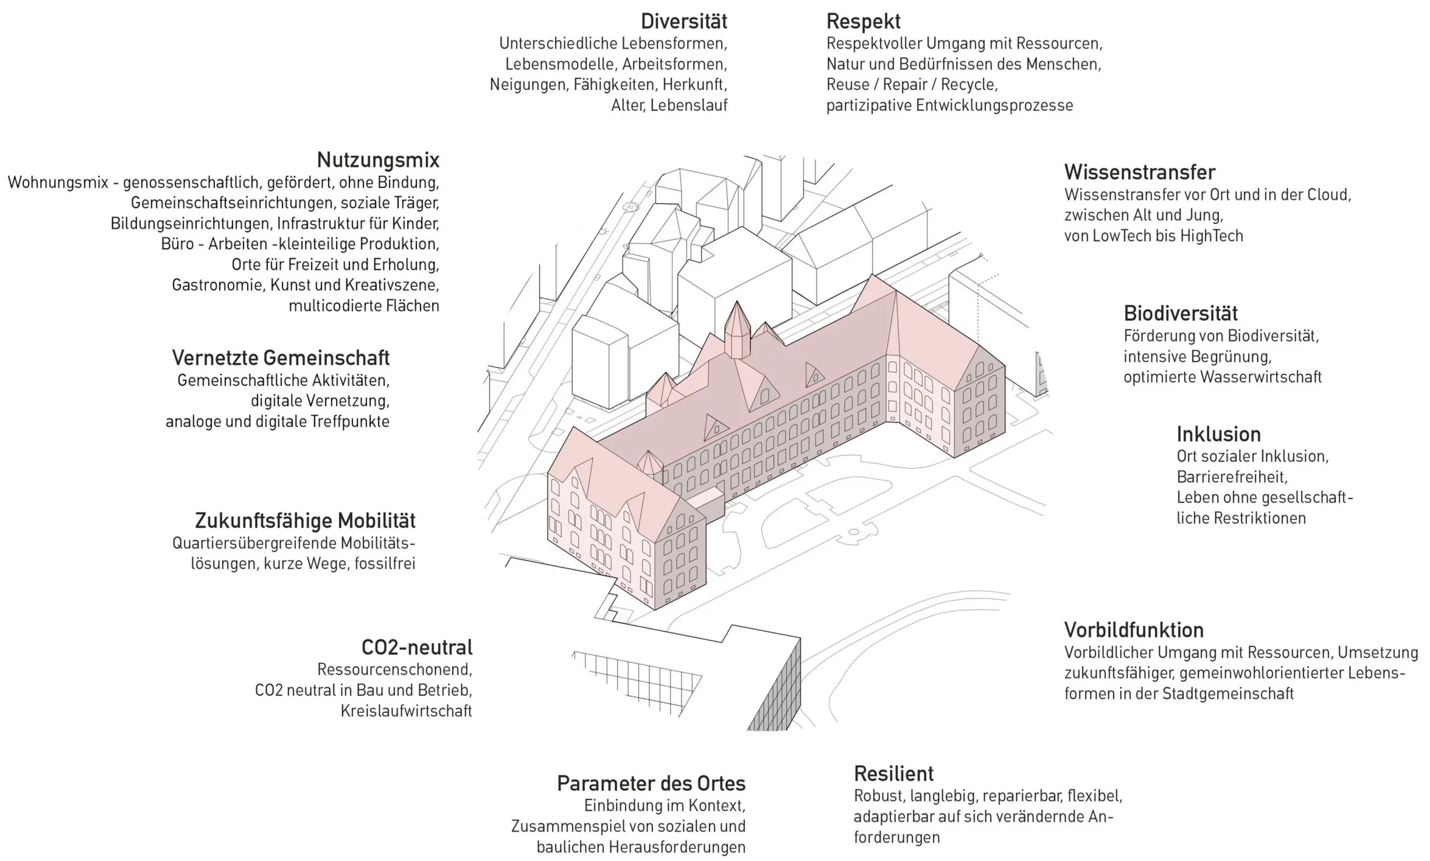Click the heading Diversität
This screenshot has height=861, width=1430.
(683, 22)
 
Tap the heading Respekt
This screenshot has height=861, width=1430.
(863, 22)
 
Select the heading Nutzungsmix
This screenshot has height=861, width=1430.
(378, 160)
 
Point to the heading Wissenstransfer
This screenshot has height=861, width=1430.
(1139, 172)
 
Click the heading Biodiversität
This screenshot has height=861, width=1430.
(1180, 314)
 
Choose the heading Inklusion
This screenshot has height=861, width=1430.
(1218, 434)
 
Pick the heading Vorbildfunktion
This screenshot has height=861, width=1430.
(1134, 630)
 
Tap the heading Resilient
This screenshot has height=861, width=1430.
(893, 773)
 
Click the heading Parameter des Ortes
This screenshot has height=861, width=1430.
(650, 783)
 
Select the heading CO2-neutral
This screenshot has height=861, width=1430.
(417, 647)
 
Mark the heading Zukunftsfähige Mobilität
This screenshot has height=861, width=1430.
(305, 521)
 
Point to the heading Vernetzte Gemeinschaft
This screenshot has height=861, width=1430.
(281, 357)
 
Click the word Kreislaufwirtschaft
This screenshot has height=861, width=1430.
(406, 711)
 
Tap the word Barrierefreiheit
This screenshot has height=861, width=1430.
(1232, 477)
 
